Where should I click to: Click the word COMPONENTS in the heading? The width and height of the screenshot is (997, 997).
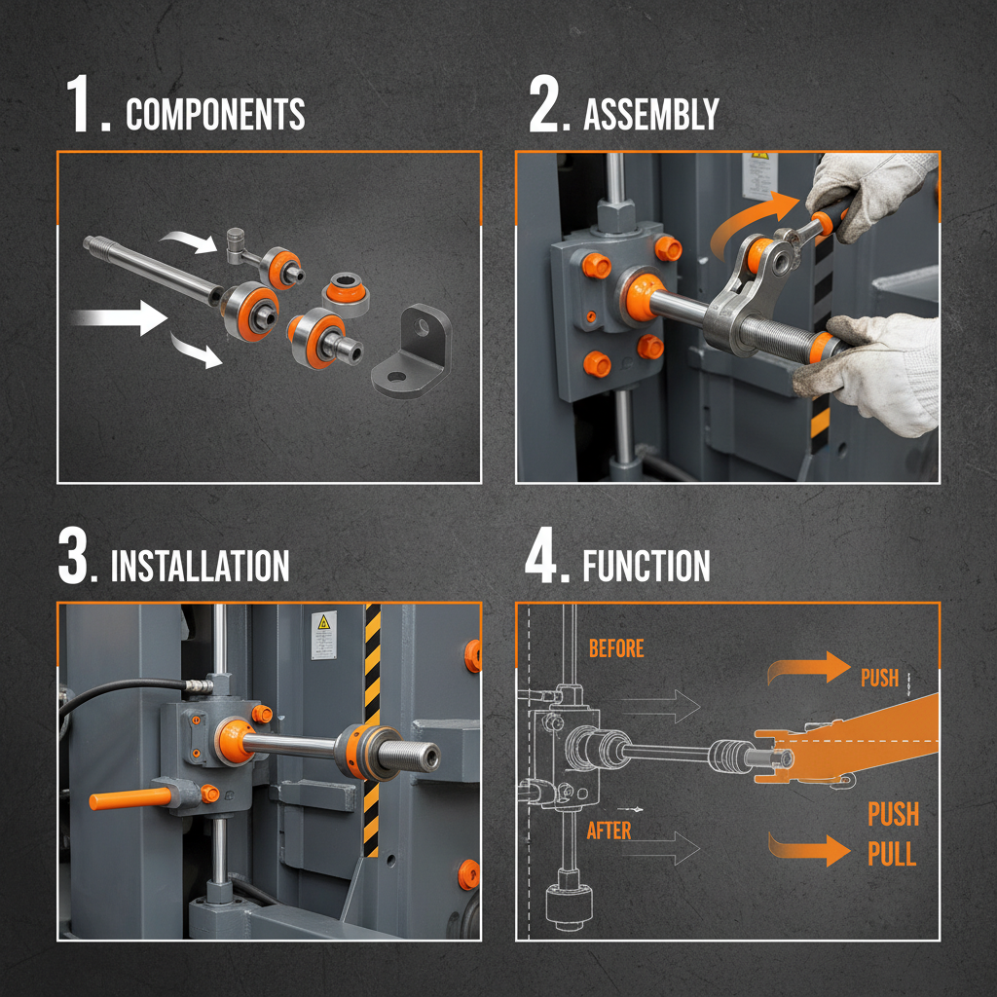click(x=215, y=115)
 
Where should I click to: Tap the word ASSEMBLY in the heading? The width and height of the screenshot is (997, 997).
click(x=650, y=115)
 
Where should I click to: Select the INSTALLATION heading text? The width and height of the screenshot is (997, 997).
click(x=200, y=566)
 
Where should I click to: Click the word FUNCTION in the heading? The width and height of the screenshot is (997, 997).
click(x=646, y=566)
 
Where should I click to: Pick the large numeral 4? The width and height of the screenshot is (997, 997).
click(x=545, y=556)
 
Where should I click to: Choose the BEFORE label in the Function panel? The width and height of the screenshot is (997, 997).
click(x=616, y=648)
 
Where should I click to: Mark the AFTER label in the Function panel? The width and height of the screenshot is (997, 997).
click(x=609, y=831)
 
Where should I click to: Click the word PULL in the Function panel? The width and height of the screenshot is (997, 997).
click(x=892, y=854)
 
